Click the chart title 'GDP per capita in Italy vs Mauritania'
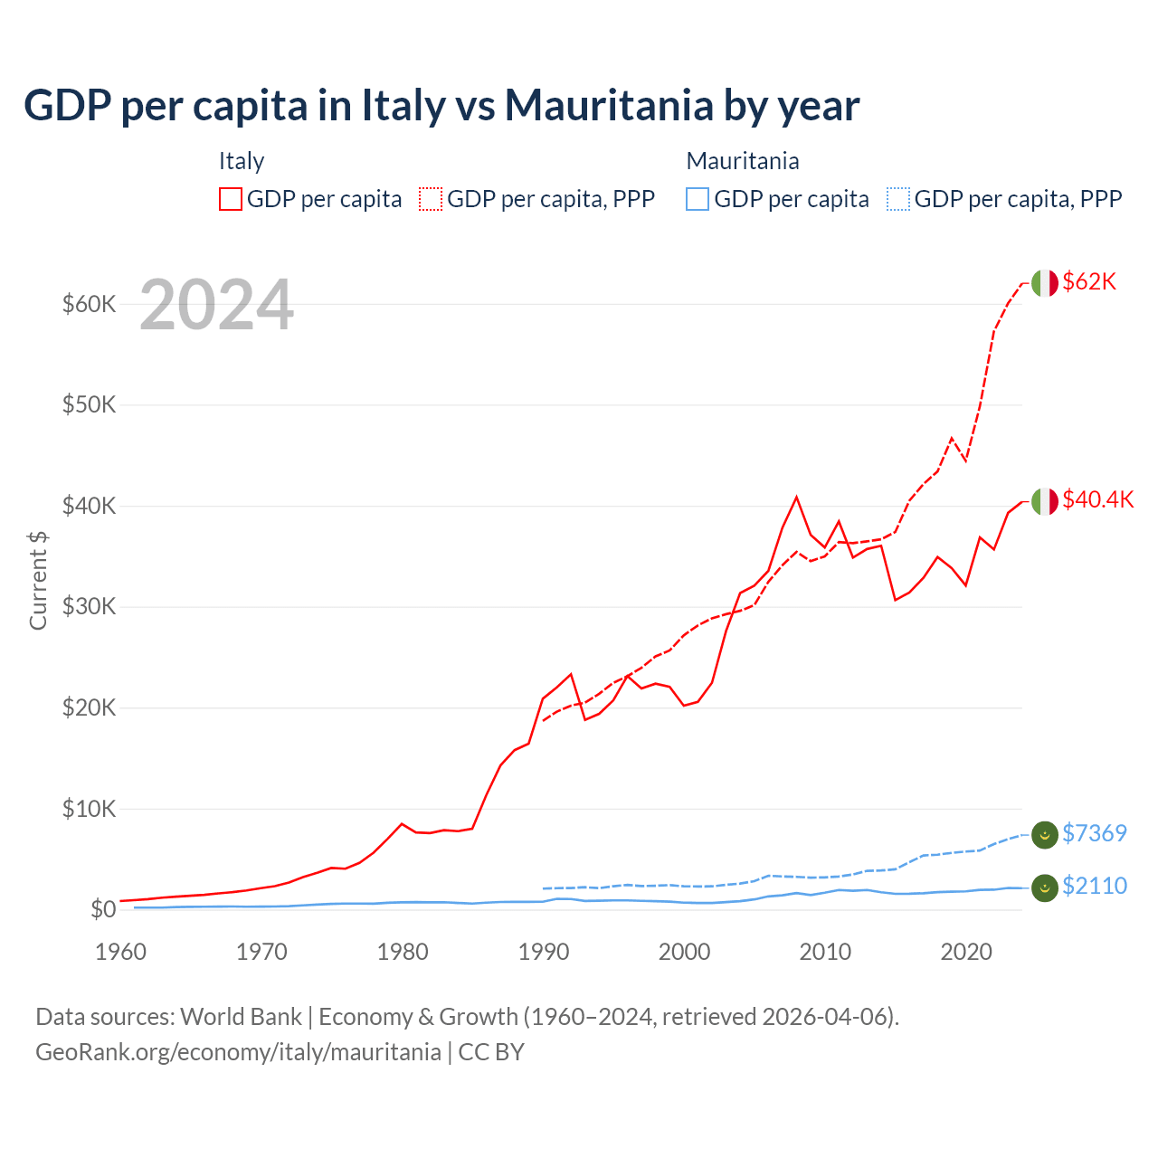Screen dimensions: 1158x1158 pyautogui.click(x=441, y=105)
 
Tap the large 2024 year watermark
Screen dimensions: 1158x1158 pyautogui.click(x=216, y=305)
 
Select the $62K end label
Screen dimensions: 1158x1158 pyautogui.click(x=1089, y=281)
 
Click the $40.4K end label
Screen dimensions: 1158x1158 pyautogui.click(x=1097, y=499)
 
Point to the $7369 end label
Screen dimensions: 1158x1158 pyautogui.click(x=1094, y=833)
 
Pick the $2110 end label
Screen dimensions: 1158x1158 pyautogui.click(x=1094, y=886)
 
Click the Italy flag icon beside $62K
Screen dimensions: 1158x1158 pyautogui.click(x=1044, y=283)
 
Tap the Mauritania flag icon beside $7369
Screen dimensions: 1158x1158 pyautogui.click(x=1044, y=835)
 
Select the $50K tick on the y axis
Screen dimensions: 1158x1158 pyautogui.click(x=89, y=404)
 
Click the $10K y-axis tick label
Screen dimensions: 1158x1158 pyautogui.click(x=89, y=809)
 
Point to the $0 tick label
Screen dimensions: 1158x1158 pyautogui.click(x=103, y=909)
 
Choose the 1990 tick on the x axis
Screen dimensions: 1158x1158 pyautogui.click(x=544, y=952)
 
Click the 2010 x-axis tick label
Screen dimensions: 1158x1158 pyautogui.click(x=825, y=952)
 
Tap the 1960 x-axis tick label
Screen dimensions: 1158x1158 pyautogui.click(x=121, y=952)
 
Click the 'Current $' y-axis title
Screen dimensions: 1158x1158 pyautogui.click(x=38, y=580)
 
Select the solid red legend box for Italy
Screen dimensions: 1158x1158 pyautogui.click(x=231, y=199)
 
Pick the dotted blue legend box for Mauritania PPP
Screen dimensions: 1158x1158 pyautogui.click(x=898, y=199)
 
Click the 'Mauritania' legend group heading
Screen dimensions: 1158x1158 pyautogui.click(x=743, y=161)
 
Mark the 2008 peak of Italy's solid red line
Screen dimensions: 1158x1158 pyautogui.click(x=796, y=497)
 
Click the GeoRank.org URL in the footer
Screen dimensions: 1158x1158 pyautogui.click(x=238, y=1052)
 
